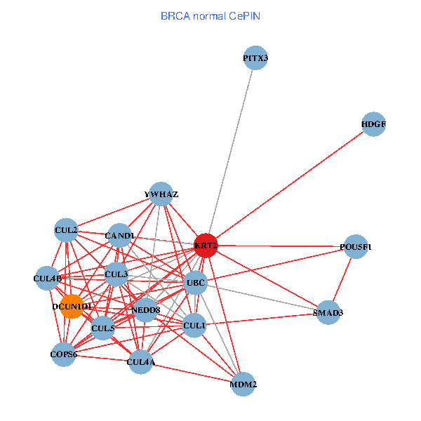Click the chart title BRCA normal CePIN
[x=210, y=15]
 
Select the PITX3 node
[x=256, y=59]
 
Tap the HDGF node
[x=374, y=124]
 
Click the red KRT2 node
[x=206, y=245]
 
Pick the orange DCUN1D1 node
[x=72, y=307]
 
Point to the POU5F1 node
[x=356, y=247]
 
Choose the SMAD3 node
[x=328, y=312]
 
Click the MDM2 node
[x=243, y=385]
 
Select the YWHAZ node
[x=161, y=194]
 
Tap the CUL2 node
[x=66, y=229]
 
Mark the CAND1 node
[x=119, y=235]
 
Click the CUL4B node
[x=48, y=278]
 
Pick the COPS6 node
[x=63, y=354]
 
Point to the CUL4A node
[x=141, y=362]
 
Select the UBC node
[x=195, y=283]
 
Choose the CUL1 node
[x=194, y=326]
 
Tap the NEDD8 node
[x=145, y=310]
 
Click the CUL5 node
[x=103, y=328]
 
